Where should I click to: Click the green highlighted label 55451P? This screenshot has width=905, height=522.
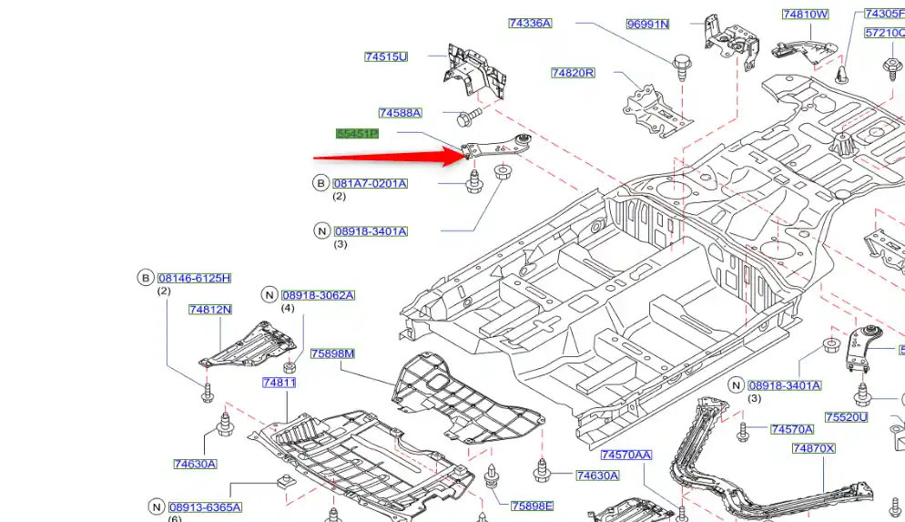(357, 134)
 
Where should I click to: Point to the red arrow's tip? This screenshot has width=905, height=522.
(467, 156)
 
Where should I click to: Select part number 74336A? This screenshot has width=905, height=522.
(530, 23)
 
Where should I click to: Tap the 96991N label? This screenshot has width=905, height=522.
(647, 25)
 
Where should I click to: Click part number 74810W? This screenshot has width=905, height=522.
(806, 14)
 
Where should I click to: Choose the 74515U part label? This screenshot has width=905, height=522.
(386, 56)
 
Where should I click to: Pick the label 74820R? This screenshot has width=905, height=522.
(573, 73)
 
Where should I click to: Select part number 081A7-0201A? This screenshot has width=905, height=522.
(371, 183)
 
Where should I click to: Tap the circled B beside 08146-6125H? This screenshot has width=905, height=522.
(145, 278)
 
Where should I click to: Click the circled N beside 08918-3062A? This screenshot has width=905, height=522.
(269, 294)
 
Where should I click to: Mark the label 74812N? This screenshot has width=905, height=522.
(210, 310)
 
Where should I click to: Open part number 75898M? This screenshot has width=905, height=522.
(332, 353)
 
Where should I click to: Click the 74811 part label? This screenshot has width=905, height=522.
(280, 384)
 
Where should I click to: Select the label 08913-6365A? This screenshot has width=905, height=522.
(206, 507)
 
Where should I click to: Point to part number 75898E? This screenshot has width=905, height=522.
(533, 507)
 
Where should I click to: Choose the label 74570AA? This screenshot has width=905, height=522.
(626, 455)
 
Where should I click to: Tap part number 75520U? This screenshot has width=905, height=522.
(847, 417)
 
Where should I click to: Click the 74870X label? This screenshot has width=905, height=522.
(813, 448)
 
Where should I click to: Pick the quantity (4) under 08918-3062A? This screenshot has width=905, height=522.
(288, 308)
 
